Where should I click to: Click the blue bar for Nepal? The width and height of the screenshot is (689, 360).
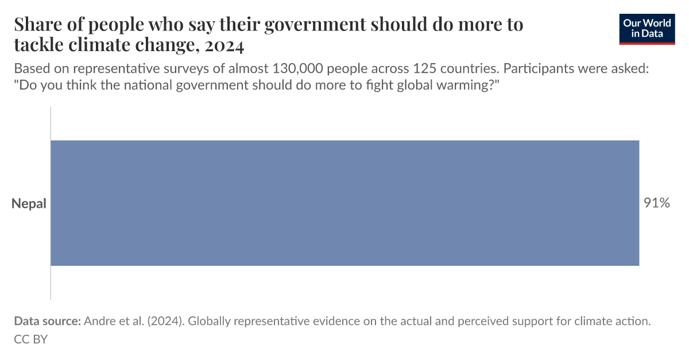[344, 203]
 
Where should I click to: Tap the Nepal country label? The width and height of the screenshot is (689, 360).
[29, 204]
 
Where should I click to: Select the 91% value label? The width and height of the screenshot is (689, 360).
[656, 203]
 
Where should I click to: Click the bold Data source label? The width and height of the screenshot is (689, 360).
[47, 322]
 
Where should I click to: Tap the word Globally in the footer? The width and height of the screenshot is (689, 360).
[211, 322]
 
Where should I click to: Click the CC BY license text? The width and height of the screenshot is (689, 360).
[30, 339]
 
